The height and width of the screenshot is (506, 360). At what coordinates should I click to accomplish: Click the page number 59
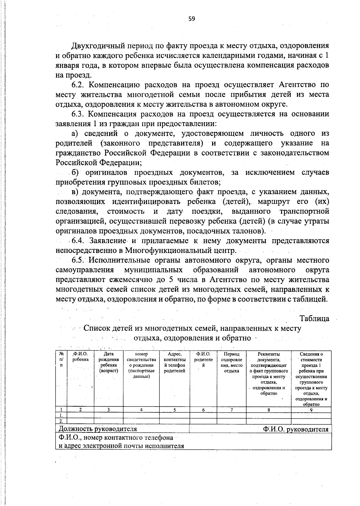191,19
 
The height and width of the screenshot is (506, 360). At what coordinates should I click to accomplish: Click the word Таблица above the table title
314,318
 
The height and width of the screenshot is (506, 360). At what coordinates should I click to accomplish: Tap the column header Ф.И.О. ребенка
80,357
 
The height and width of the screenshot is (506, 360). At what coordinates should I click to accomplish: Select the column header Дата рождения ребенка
109,362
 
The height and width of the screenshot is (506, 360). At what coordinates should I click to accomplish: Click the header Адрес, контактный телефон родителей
174,362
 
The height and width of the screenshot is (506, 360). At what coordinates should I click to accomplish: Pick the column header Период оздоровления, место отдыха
231,362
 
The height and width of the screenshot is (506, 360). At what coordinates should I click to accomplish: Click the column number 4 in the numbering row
141,410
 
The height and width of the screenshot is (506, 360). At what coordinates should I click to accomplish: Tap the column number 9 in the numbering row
311,410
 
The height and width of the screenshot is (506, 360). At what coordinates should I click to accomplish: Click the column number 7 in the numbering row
231,410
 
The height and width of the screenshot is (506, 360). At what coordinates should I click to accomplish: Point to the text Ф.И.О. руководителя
295,429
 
